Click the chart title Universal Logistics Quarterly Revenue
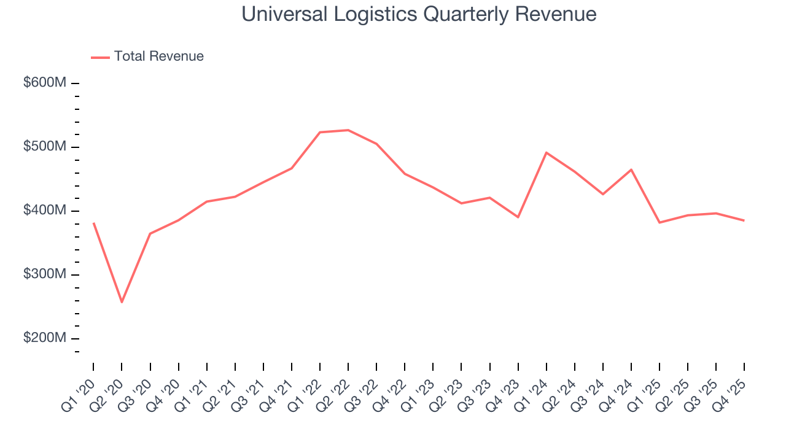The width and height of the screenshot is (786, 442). (x=419, y=14)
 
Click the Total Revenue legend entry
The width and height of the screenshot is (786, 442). (x=147, y=56)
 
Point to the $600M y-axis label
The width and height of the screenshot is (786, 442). (x=45, y=83)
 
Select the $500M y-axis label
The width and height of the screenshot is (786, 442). (x=45, y=147)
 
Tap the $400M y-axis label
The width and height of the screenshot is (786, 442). (x=45, y=211)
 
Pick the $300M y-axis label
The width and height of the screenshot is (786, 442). (x=45, y=274)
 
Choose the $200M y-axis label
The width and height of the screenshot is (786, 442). (x=45, y=338)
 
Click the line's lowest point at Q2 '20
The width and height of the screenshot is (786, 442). (x=122, y=302)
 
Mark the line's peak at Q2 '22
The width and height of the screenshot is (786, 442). (x=348, y=130)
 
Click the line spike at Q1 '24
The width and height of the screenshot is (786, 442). (x=547, y=152)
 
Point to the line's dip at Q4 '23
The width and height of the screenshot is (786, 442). (x=518, y=217)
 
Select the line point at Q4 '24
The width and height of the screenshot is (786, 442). (x=631, y=169)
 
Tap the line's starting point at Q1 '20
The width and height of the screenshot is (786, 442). (x=93, y=223)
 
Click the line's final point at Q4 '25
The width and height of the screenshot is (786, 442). (x=744, y=220)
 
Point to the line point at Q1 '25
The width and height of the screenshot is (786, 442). (x=660, y=222)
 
